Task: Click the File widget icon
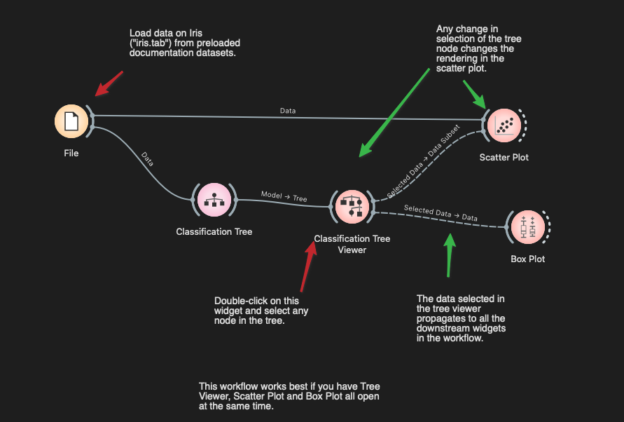(71, 121)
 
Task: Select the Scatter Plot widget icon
(504, 125)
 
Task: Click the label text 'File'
(71, 153)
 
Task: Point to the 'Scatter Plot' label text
(504, 157)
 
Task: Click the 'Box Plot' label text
(528, 259)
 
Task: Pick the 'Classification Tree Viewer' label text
(352, 244)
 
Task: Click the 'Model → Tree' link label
(284, 196)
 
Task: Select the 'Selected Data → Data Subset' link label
(424, 161)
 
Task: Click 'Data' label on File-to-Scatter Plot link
(288, 111)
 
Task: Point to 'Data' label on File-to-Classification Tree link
(147, 158)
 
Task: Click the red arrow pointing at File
(109, 83)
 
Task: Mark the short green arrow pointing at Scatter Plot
(473, 93)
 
